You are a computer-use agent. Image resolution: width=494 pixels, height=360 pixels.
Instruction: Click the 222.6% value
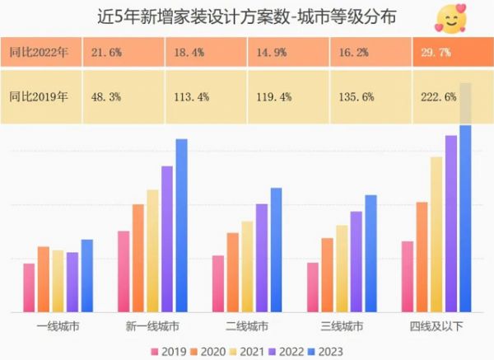[x=440, y=96]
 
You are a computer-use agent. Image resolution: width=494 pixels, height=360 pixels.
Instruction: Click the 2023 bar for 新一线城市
[x=182, y=226]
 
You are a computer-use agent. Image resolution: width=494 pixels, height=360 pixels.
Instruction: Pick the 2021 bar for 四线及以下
[x=436, y=234]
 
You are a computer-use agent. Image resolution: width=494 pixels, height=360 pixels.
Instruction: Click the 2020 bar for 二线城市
[x=233, y=272]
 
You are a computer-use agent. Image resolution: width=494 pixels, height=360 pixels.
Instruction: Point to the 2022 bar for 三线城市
[x=356, y=262]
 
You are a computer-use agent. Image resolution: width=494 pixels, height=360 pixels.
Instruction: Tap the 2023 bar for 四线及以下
[x=465, y=218]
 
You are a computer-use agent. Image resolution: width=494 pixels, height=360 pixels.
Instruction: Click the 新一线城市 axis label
[x=153, y=326]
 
